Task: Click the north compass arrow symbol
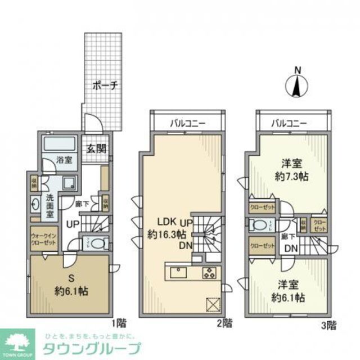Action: (298, 85)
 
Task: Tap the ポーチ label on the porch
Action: (105, 86)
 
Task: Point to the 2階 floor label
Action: (225, 323)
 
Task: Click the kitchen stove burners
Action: (209, 273)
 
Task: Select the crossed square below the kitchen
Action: (213, 304)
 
